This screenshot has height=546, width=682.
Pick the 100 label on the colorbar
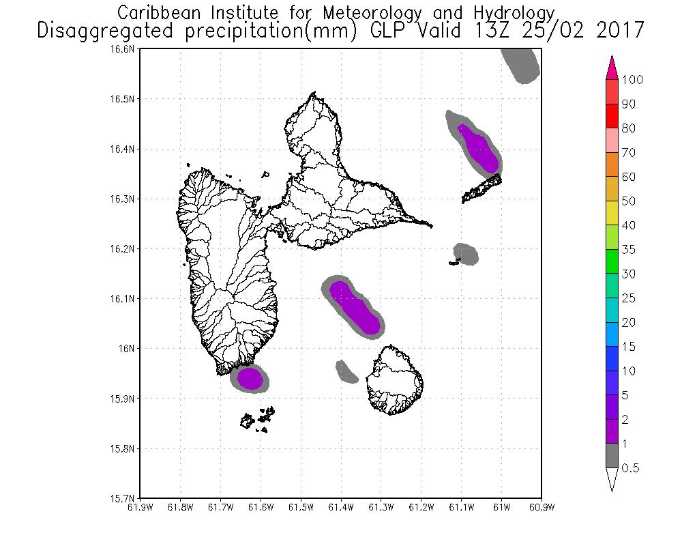pyautogui.click(x=633, y=80)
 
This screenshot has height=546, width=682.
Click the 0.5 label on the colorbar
pyautogui.click(x=632, y=468)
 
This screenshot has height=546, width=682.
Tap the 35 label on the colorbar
pyautogui.click(x=628, y=250)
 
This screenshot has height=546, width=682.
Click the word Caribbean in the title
pyautogui.click(x=158, y=13)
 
